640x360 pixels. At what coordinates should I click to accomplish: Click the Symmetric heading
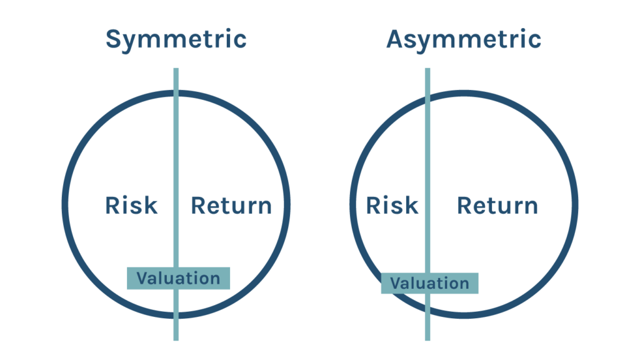tap(176, 40)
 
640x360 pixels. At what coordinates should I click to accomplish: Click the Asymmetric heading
tap(464, 40)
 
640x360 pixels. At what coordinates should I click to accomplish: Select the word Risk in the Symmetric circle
tap(131, 205)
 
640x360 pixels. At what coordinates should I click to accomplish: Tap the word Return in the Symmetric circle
tap(231, 205)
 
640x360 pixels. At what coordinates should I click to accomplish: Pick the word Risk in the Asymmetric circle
tap(392, 205)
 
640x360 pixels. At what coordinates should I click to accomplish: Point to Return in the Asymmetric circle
tap(497, 205)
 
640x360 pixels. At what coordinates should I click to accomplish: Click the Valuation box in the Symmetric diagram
tap(178, 278)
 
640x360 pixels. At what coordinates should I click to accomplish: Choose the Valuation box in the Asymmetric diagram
tap(430, 283)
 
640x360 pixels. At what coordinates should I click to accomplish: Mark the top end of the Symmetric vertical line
tap(176, 69)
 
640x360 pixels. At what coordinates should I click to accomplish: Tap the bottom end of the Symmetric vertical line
tap(176, 340)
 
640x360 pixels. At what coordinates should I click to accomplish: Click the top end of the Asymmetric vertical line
tap(427, 69)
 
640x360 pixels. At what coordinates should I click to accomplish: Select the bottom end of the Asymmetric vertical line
tap(427, 340)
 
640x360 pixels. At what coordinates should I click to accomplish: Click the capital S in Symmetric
tap(114, 39)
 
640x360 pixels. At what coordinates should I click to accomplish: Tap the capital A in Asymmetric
tap(396, 39)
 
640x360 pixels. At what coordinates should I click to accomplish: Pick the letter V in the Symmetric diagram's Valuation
tap(143, 278)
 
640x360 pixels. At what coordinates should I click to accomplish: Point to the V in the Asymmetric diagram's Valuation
tap(396, 283)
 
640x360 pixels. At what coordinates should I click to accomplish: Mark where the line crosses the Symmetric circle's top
tap(176, 94)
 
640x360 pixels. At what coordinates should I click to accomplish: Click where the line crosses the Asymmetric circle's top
tap(427, 97)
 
